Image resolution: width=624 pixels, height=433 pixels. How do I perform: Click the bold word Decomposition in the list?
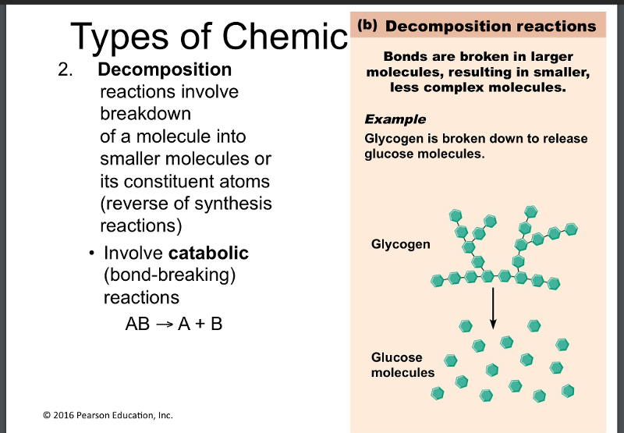click(x=165, y=70)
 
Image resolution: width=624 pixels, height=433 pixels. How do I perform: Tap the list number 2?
click(x=65, y=70)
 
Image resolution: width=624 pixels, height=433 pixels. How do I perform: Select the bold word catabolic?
click(x=208, y=253)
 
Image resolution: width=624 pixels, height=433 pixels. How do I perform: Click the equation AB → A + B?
click(x=173, y=323)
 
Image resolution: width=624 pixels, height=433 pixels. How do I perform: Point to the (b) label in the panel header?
click(x=367, y=25)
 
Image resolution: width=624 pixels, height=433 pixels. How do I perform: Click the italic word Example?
click(x=395, y=119)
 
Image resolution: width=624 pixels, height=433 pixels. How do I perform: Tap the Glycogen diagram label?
click(x=400, y=244)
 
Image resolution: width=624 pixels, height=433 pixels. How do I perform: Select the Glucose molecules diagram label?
click(x=402, y=365)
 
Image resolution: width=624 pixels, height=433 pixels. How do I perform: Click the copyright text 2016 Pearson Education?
click(x=108, y=415)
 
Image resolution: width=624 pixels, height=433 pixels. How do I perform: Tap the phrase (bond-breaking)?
click(x=169, y=275)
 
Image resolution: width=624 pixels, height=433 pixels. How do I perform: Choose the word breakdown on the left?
click(x=145, y=114)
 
